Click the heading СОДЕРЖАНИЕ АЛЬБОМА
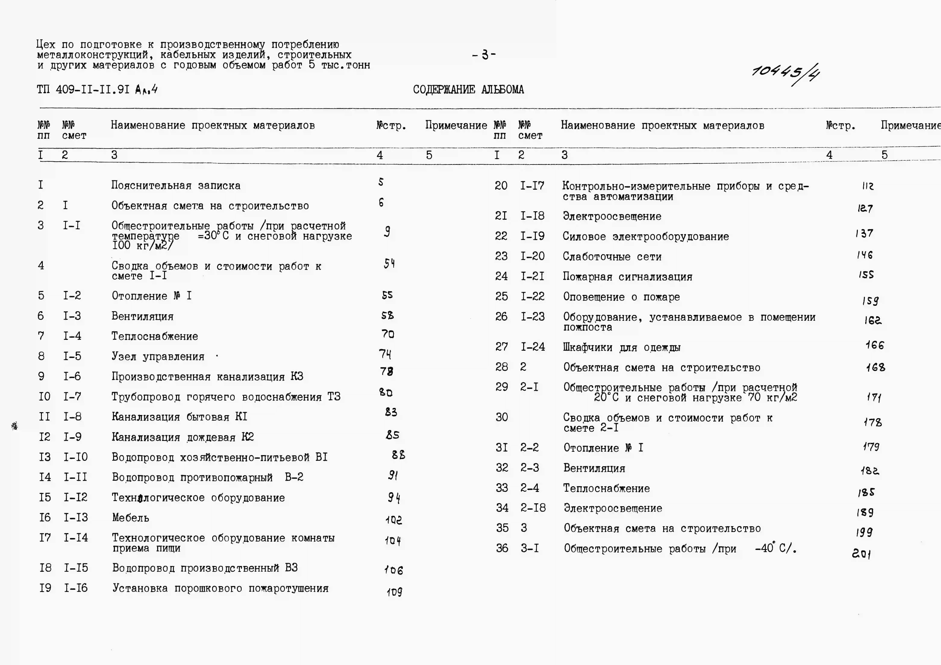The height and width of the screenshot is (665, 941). click(x=468, y=89)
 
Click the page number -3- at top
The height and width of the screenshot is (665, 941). click(x=484, y=55)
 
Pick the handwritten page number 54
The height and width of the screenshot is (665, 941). click(x=389, y=263)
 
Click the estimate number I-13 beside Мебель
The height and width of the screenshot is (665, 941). click(x=75, y=517)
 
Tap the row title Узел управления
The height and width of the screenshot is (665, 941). click(x=158, y=356)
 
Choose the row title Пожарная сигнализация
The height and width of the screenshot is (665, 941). click(x=627, y=277)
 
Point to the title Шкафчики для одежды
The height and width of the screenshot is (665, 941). click(x=621, y=347)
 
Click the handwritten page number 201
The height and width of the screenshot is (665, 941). click(x=861, y=554)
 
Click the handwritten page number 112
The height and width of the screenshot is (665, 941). click(x=868, y=186)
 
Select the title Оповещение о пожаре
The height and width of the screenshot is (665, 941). click(x=621, y=297)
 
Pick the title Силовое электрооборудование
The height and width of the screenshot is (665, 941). click(x=645, y=237)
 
